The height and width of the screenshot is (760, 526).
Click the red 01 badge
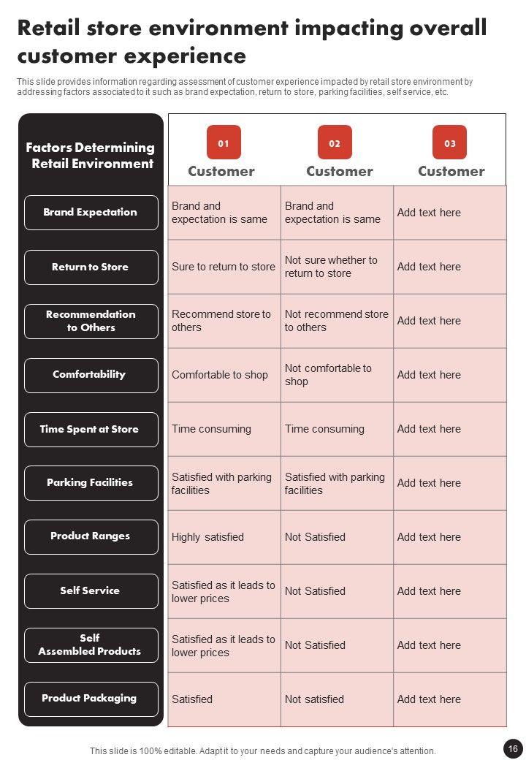click(x=224, y=142)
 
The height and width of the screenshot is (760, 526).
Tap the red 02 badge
click(x=335, y=142)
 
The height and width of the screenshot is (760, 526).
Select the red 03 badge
click(x=449, y=142)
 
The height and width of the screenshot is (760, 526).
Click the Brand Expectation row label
click(x=91, y=213)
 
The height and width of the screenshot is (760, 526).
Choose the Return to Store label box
click(x=91, y=267)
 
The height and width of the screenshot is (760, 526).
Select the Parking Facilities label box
click(x=91, y=483)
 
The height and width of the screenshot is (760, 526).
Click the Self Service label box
click(x=91, y=590)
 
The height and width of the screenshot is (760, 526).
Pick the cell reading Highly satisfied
click(x=208, y=537)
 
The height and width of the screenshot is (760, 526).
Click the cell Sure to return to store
click(x=224, y=267)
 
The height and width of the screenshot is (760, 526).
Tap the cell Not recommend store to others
click(x=336, y=321)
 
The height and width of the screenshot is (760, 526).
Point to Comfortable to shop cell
click(x=220, y=375)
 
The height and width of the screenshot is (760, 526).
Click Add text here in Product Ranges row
click(x=430, y=537)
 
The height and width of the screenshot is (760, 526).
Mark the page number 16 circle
click(x=513, y=748)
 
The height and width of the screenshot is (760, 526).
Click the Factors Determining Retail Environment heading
click(x=91, y=156)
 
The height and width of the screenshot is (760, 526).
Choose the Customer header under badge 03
click(x=451, y=172)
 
